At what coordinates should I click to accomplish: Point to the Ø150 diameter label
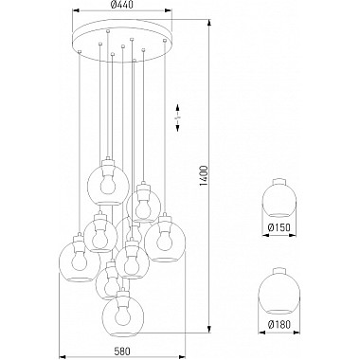click(279, 226)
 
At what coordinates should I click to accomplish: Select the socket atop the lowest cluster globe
click(121, 286)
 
